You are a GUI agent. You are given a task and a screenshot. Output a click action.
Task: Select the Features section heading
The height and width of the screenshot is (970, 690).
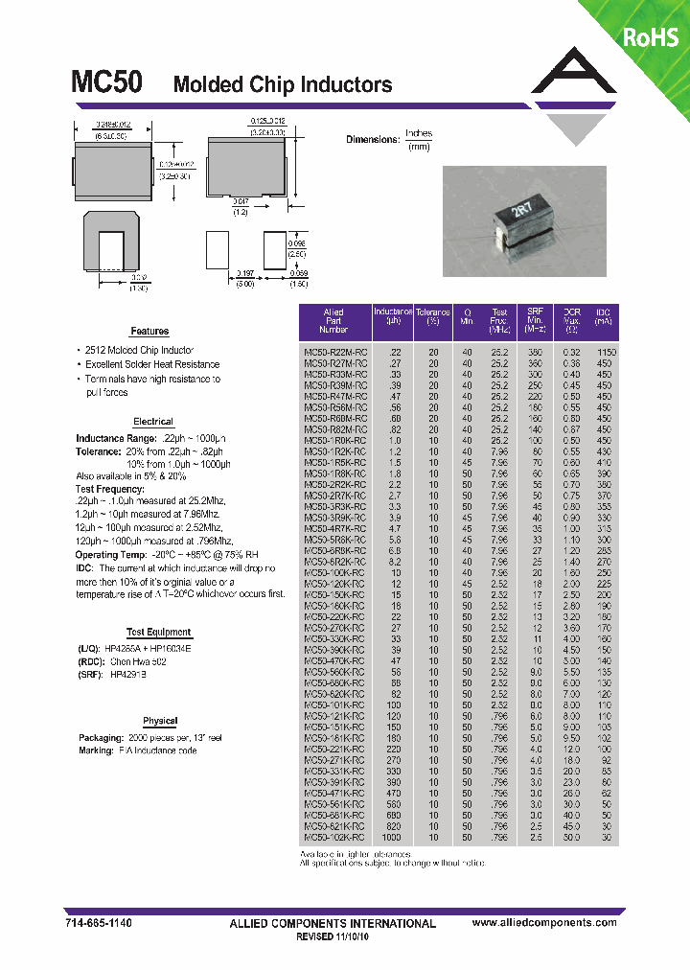click(149, 331)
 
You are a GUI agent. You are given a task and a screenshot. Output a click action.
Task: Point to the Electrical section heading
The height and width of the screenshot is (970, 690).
click(153, 422)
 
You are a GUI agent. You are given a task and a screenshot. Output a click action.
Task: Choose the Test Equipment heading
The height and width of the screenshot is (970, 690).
click(159, 633)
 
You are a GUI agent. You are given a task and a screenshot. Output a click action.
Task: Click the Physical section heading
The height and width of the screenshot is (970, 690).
click(160, 721)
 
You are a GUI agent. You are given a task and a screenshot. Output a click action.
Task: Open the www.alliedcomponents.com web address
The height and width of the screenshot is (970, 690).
click(544, 922)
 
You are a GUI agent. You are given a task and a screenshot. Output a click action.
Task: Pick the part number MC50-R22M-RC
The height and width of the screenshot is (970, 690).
click(334, 353)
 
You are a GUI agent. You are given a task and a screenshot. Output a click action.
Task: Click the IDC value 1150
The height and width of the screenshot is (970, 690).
click(604, 353)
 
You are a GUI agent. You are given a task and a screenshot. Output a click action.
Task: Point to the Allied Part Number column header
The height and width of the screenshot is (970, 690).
click(333, 320)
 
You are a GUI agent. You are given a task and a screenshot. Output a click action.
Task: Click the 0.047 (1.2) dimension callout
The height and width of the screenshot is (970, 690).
click(241, 206)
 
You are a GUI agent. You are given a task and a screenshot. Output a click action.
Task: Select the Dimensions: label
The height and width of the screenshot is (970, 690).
click(372, 140)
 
